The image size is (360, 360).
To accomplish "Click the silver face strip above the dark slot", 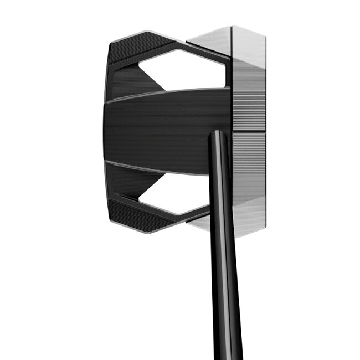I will (x=248, y=83).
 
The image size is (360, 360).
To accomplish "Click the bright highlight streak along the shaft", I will (x=226, y=249).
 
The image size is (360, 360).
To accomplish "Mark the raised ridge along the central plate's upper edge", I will (x=166, y=93).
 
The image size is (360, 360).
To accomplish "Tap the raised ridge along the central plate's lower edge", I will (x=161, y=169).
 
